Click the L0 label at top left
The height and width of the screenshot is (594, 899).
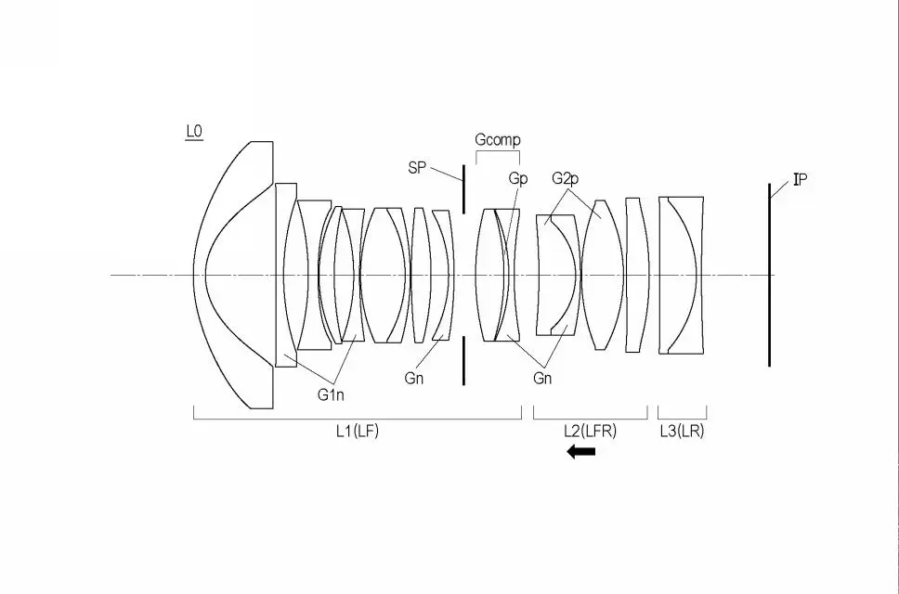194,132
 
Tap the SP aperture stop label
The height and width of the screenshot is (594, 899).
417,168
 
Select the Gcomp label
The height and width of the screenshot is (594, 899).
498,140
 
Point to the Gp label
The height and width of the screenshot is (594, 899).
518,179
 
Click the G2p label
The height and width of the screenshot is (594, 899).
566,179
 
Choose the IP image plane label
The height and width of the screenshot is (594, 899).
801,180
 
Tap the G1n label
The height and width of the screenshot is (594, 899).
331,394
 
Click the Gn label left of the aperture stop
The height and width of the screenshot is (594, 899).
414,378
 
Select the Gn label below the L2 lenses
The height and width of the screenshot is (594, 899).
542,378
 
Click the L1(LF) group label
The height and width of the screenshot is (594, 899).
358,431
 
